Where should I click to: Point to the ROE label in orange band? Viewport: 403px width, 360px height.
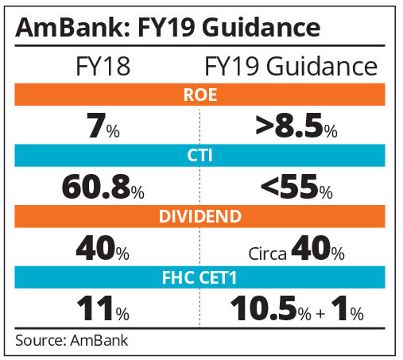201,96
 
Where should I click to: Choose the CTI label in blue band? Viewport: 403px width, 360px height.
201,157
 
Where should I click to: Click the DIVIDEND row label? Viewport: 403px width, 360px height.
201,216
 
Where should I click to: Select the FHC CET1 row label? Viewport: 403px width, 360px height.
201,277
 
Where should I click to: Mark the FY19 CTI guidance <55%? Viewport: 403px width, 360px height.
289,188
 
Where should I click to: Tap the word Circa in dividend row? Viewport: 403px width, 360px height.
268,253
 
